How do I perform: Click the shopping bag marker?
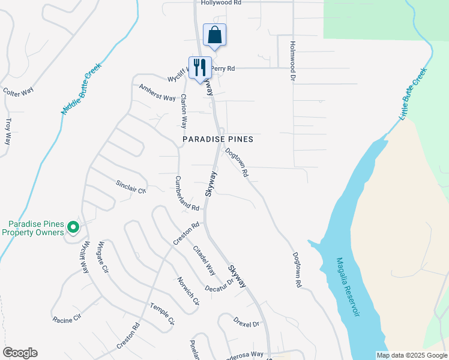(x=214, y=35)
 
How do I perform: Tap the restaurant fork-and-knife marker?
(x=199, y=68)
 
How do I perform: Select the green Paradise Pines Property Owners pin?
(x=73, y=227)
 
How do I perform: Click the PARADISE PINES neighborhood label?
(x=218, y=139)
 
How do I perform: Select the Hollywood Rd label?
(x=221, y=3)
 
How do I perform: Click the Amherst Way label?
(x=157, y=92)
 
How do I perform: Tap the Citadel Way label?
(x=204, y=260)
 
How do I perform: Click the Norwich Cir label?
(x=187, y=290)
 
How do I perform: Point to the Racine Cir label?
(x=67, y=318)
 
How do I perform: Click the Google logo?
(x=20, y=353)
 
